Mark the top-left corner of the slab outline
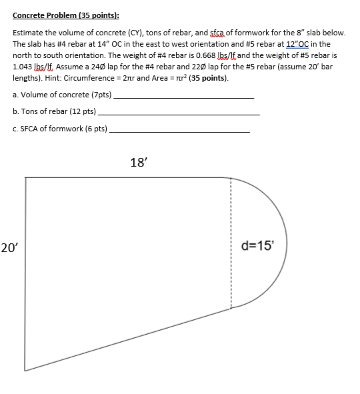click(25, 178)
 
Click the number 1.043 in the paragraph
click(23, 67)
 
